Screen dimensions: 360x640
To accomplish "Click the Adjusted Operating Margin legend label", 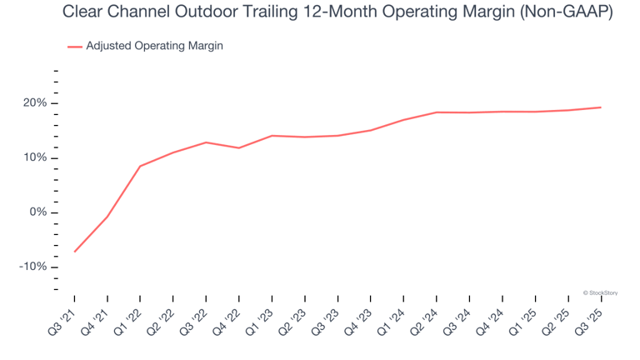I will click(154, 46).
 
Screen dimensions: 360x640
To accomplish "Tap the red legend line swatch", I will click(74, 47).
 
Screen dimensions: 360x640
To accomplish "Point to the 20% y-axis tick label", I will click(35, 103).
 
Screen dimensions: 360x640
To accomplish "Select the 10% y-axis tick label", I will click(35, 158).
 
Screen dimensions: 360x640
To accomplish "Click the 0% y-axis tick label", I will click(38, 212).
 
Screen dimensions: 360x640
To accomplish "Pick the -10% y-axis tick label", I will click(33, 267).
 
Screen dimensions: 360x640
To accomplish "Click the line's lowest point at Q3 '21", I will click(74, 252).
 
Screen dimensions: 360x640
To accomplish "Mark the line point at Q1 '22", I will click(140, 166).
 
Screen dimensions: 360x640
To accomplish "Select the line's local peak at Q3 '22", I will click(206, 142).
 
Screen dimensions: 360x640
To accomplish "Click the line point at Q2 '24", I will click(437, 112).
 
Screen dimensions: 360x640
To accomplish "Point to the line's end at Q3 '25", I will click(601, 107).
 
